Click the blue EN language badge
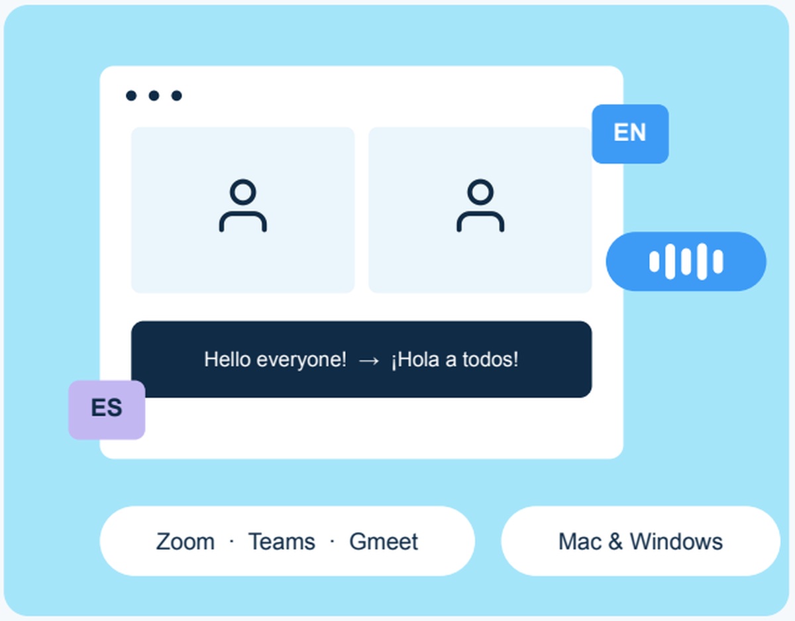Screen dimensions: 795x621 pos(630,134)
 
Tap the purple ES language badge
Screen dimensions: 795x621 pos(107,410)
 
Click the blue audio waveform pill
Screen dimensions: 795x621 pos(686,261)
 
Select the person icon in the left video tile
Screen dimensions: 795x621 pos(243,205)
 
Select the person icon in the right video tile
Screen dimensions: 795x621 pos(480,205)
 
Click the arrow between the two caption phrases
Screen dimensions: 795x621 pos(369,361)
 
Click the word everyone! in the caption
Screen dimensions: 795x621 pos(301,360)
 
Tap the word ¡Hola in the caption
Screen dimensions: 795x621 pos(415,360)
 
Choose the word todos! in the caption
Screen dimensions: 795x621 pos(490,359)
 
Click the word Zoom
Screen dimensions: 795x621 pos(185,541)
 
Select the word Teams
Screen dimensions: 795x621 pos(282,541)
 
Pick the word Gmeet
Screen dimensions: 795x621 pos(384,541)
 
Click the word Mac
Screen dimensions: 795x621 pos(580,541)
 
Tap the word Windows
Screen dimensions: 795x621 pos(676,541)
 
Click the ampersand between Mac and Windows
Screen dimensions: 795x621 pos(615,541)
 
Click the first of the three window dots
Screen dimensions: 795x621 pos(131,95)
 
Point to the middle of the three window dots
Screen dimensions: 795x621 pos(154,95)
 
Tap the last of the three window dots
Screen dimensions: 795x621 pos(177,95)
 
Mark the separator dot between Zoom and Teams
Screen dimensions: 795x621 pos(232,541)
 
